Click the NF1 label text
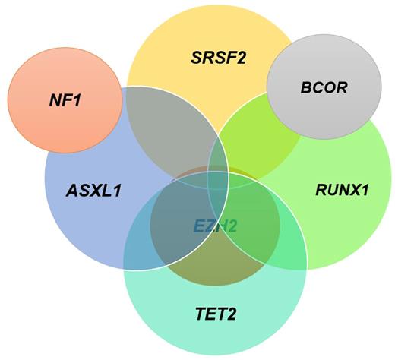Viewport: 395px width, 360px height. (65, 99)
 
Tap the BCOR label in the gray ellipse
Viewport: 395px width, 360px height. (324, 87)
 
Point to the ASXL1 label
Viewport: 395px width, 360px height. (93, 190)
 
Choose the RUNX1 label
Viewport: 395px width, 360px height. (342, 190)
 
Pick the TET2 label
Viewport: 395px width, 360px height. (215, 311)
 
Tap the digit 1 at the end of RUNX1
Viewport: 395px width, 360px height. (365, 190)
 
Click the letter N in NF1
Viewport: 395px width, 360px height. (55, 99)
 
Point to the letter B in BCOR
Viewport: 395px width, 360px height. (307, 87)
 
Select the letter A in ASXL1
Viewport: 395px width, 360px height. (72, 190)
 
